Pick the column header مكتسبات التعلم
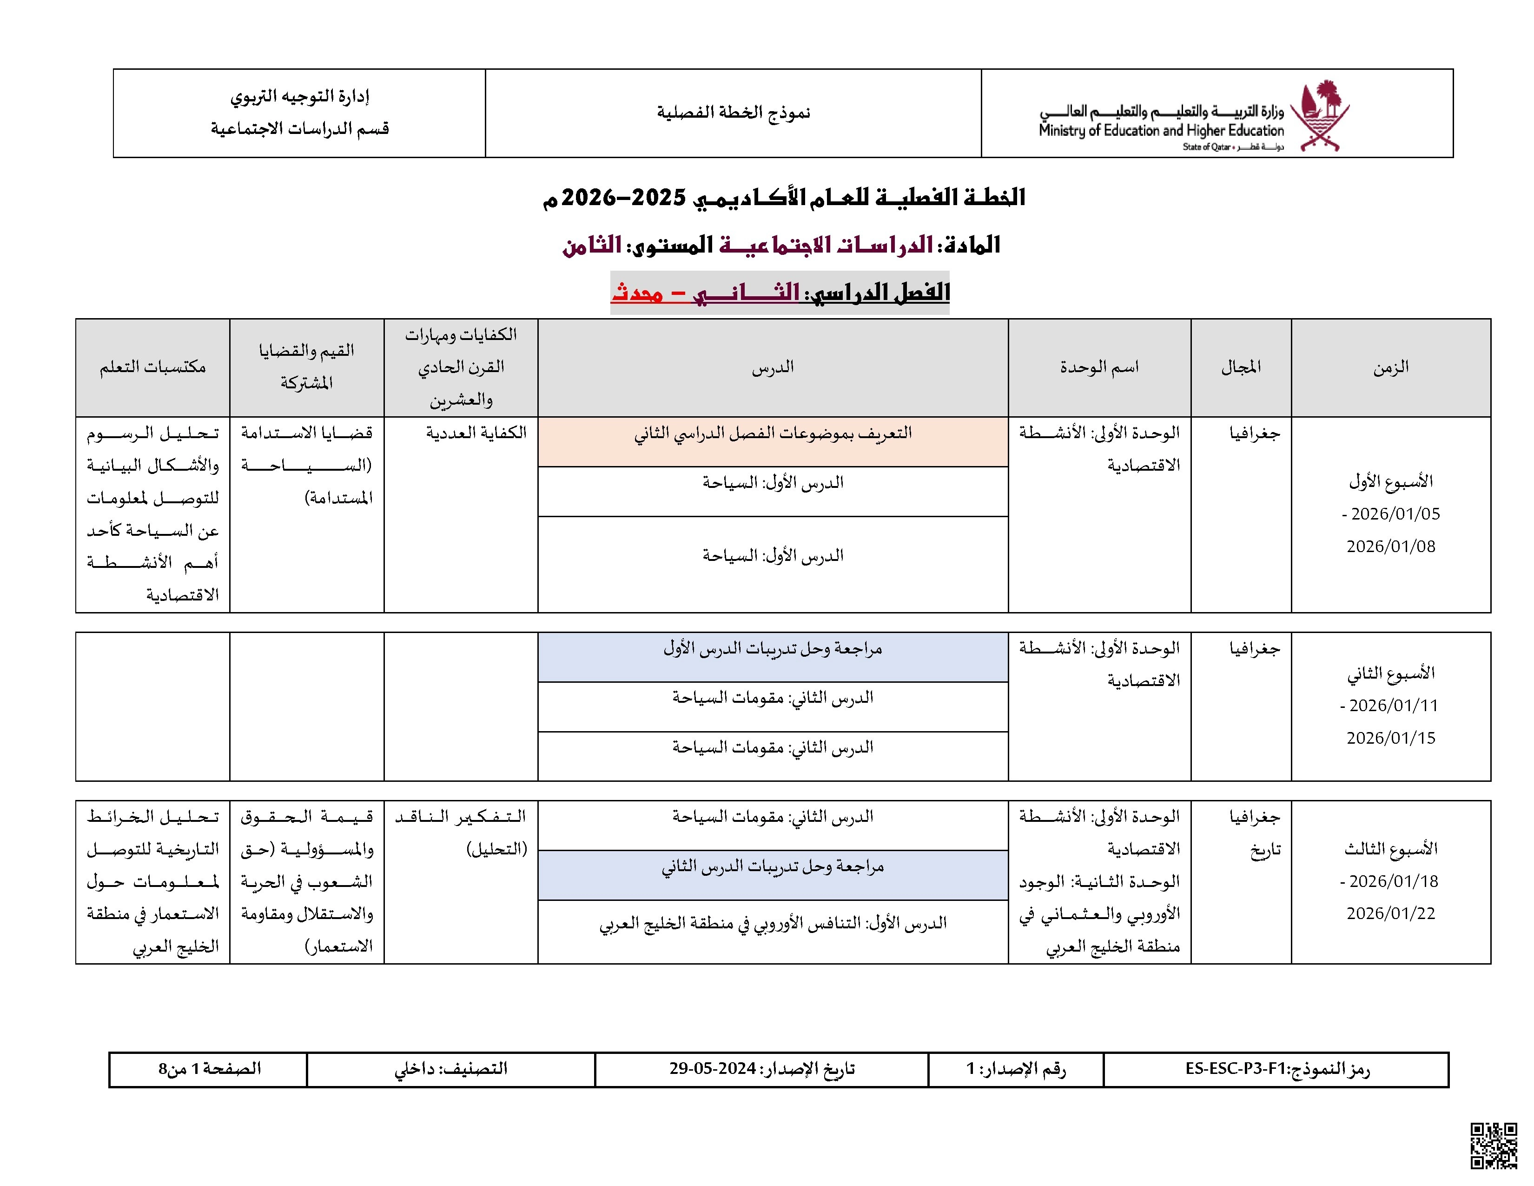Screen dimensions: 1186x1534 [x=152, y=367]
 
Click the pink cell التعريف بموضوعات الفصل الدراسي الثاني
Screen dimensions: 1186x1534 [x=773, y=433]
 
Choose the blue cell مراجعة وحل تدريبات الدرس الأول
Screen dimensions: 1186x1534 [x=773, y=648]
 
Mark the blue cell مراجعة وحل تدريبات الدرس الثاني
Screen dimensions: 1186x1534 [x=773, y=867]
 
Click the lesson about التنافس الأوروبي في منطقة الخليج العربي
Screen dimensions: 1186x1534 [x=773, y=923]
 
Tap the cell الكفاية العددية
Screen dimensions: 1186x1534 [x=476, y=433]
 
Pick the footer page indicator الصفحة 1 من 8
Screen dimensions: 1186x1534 [x=209, y=1069]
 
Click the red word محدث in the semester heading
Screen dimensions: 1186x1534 [x=637, y=292]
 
